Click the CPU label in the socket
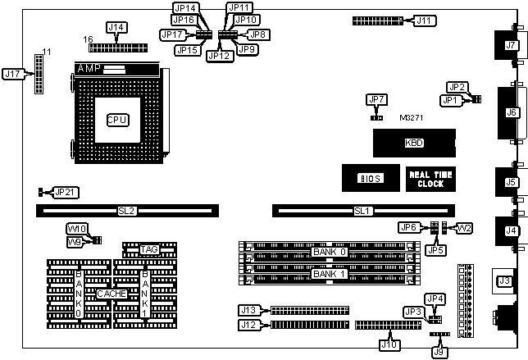(x=117, y=120)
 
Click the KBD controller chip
(x=391, y=143)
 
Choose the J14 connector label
(x=116, y=28)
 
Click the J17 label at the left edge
(x=13, y=73)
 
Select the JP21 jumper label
(x=64, y=192)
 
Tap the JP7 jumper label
(x=376, y=100)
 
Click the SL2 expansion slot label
(x=126, y=212)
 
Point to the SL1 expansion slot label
(x=362, y=212)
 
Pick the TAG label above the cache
(x=149, y=248)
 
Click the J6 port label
(x=512, y=112)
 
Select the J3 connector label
(x=505, y=281)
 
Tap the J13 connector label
(x=248, y=310)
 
